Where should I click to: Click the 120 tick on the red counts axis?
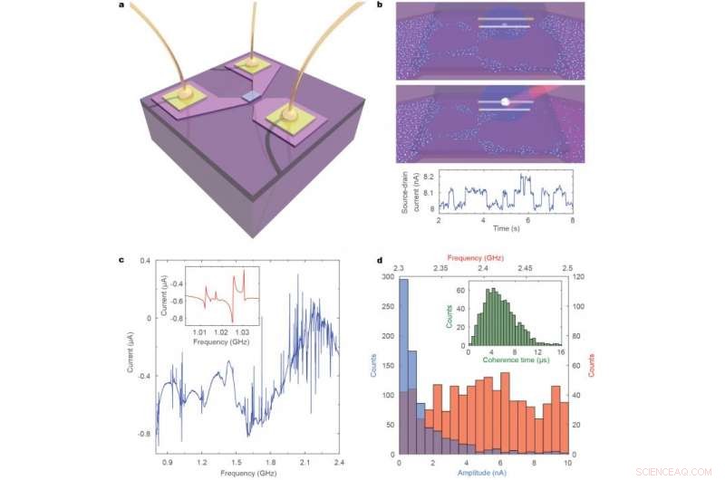point(577,277)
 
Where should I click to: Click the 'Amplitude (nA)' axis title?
point(483,474)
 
